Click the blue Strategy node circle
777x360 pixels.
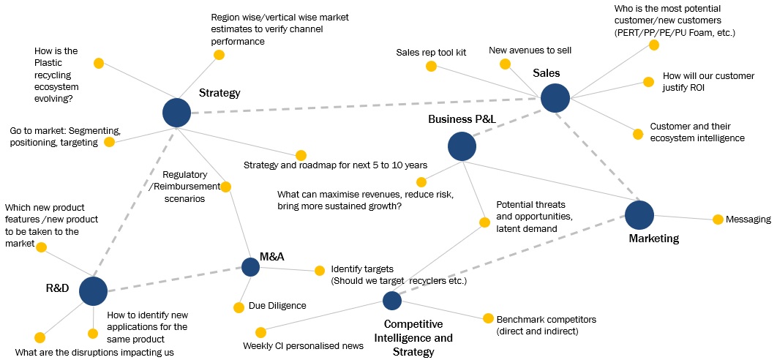176,113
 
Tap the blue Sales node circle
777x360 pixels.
555,98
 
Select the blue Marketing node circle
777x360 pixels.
639,214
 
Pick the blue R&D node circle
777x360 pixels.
93,290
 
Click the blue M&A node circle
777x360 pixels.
250,267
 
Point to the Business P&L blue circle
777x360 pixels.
462,146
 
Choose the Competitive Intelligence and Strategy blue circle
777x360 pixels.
392,300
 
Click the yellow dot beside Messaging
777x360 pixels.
718,219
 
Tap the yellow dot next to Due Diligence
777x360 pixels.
238,307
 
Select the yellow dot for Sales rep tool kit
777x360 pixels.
431,67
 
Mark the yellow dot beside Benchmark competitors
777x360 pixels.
488,318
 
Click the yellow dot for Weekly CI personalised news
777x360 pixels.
260,332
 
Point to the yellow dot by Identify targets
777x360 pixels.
319,271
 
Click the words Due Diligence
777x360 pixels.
277,306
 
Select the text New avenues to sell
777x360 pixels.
530,50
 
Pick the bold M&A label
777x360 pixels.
272,257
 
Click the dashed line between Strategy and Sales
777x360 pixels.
366,105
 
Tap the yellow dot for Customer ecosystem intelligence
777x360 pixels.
637,133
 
